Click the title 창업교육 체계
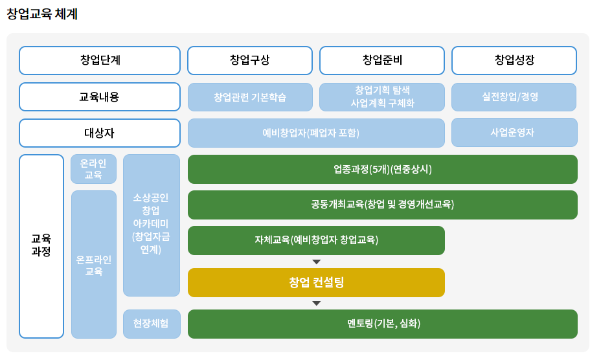pyautogui.click(x=42, y=14)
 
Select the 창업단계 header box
pyautogui.click(x=100, y=61)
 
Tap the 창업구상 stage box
pyautogui.click(x=250, y=61)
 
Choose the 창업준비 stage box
pyautogui.click(x=382, y=61)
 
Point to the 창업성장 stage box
pyautogui.click(x=514, y=61)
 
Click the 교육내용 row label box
pyautogui.click(x=100, y=97)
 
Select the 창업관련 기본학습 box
pyautogui.click(x=250, y=97)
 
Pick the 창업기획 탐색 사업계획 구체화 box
pyautogui.click(x=382, y=97)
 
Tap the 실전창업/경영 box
pyautogui.click(x=514, y=97)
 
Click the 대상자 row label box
pyautogui.click(x=100, y=133)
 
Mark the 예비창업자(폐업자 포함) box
pyautogui.click(x=316, y=133)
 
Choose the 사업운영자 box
pyautogui.click(x=514, y=133)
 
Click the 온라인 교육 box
pyautogui.click(x=93, y=169)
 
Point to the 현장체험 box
pyautogui.click(x=152, y=324)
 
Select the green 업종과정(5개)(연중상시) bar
pyautogui.click(x=383, y=169)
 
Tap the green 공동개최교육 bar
pyautogui.click(x=383, y=205)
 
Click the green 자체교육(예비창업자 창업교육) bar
pyautogui.click(x=316, y=240)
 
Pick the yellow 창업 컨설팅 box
pyautogui.click(x=316, y=282)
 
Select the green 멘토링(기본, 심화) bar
pyautogui.click(x=383, y=324)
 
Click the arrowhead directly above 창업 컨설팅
pyautogui.click(x=316, y=262)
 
